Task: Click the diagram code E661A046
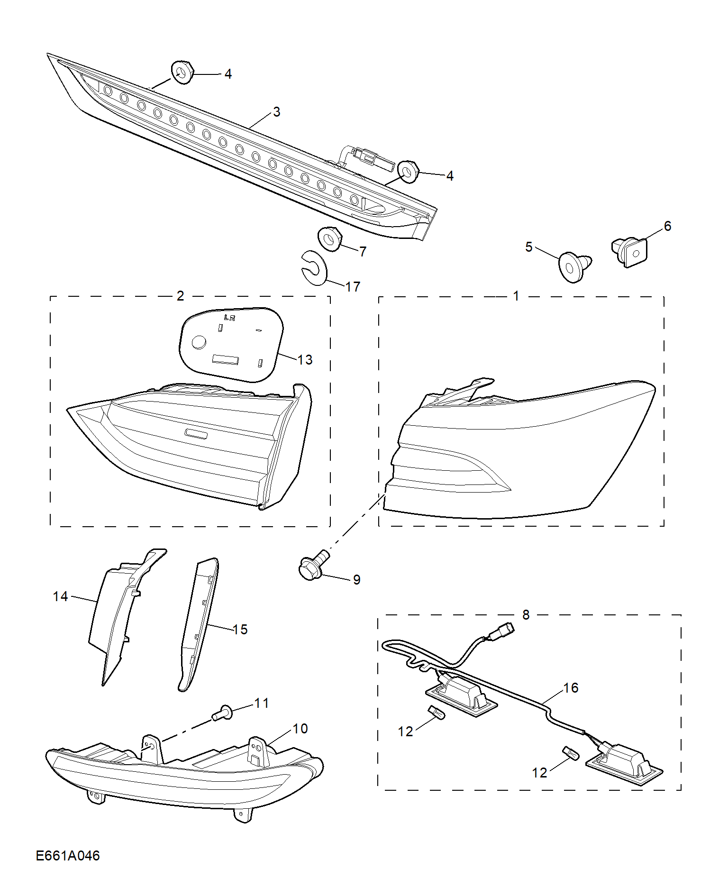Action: (68, 855)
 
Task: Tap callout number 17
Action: (353, 286)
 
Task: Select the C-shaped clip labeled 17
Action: (314, 268)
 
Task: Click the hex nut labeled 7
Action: (330, 238)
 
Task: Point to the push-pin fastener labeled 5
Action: (575, 266)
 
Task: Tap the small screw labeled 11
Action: (222, 713)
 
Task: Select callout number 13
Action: (305, 360)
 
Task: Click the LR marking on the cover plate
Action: (229, 318)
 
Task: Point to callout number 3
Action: (277, 112)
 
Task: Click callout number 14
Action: (60, 596)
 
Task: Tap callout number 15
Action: (240, 629)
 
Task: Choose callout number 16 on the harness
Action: (571, 687)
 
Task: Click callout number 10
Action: (300, 728)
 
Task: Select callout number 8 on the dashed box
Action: (526, 614)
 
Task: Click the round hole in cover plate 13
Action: (199, 342)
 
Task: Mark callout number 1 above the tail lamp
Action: (516, 296)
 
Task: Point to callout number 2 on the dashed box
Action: (180, 296)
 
